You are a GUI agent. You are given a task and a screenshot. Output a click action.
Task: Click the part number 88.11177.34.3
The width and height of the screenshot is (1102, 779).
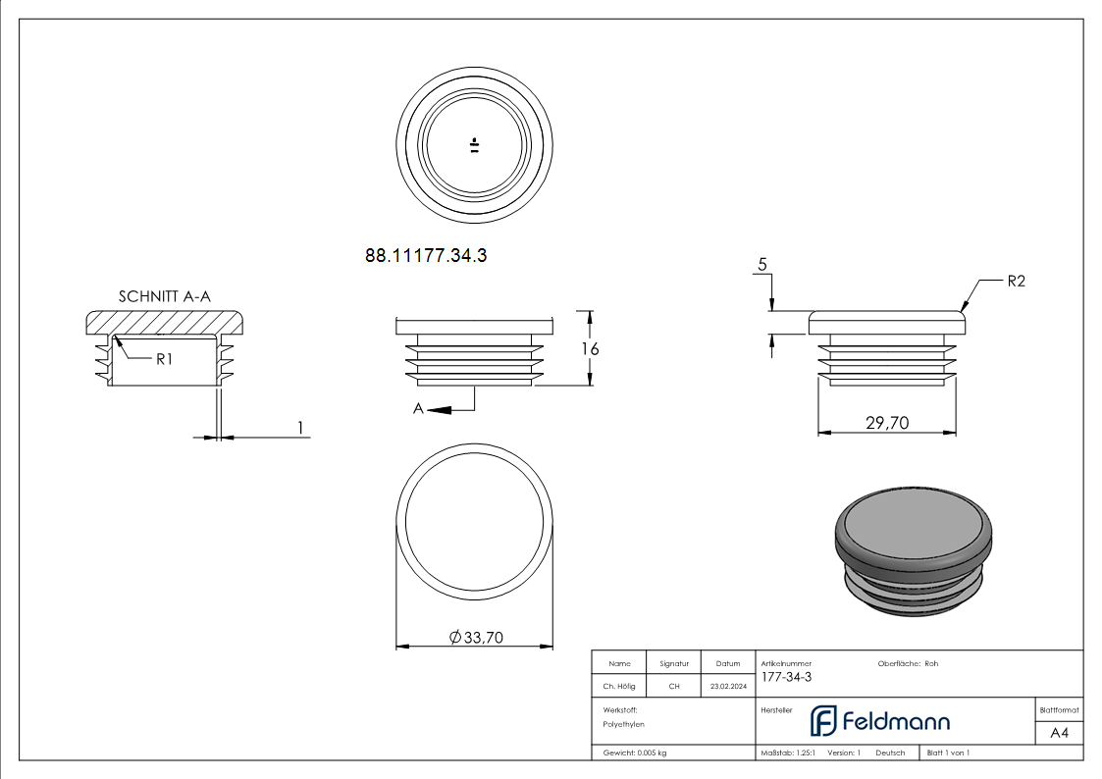pyautogui.click(x=426, y=256)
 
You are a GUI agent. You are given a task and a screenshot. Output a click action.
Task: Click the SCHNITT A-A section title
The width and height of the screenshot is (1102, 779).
pyautogui.click(x=165, y=296)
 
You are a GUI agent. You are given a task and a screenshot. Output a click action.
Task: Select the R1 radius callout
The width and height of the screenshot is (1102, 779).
pyautogui.click(x=164, y=359)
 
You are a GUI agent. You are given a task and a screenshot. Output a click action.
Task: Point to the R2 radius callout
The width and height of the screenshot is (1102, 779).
pyautogui.click(x=1016, y=282)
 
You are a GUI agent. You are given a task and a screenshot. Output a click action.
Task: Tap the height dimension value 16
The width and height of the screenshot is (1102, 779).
pyautogui.click(x=589, y=348)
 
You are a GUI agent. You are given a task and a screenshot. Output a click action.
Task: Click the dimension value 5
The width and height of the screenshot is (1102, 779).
pyautogui.click(x=761, y=265)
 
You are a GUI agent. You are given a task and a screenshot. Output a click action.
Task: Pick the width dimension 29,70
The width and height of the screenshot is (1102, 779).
pyautogui.click(x=887, y=423)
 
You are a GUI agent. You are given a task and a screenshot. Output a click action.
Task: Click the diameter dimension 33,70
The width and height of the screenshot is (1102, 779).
pyautogui.click(x=476, y=638)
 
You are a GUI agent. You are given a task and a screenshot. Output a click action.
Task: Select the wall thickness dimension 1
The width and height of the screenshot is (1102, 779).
pyautogui.click(x=301, y=427)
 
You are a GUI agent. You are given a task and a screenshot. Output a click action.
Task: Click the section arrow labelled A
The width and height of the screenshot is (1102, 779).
pyautogui.click(x=419, y=409)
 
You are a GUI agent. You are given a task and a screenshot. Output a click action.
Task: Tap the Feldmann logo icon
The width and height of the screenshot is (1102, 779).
pyautogui.click(x=822, y=721)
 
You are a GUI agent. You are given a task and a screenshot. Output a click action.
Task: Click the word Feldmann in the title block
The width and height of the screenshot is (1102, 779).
pyautogui.click(x=896, y=722)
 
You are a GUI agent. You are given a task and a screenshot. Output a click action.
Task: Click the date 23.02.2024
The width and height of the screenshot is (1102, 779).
pyautogui.click(x=727, y=687)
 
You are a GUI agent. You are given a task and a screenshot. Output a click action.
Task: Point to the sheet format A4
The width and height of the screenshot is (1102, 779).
pyautogui.click(x=1059, y=733)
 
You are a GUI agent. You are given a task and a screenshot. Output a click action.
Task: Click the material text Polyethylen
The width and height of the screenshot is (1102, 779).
pyautogui.click(x=624, y=723)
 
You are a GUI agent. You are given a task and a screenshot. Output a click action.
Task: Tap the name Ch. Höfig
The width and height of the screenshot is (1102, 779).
pyautogui.click(x=618, y=687)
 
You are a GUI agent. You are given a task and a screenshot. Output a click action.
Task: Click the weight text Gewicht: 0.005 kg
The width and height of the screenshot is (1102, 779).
pyautogui.click(x=635, y=753)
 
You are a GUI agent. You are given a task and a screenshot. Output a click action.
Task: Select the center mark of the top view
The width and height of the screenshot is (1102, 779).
pyautogui.click(x=475, y=146)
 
